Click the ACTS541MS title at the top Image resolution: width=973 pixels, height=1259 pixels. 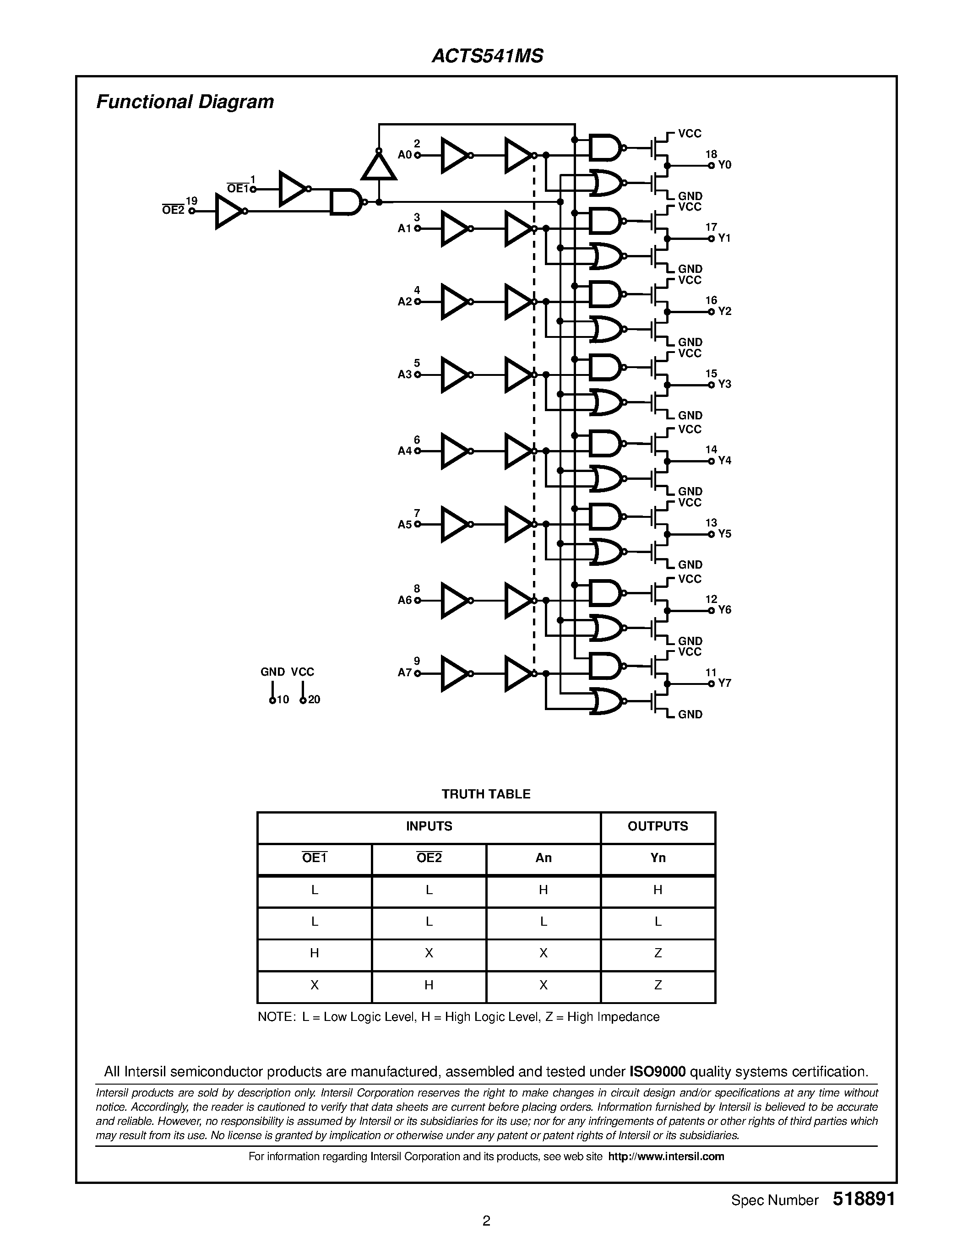pyautogui.click(x=487, y=56)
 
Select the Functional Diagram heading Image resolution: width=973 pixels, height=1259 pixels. pyautogui.click(x=185, y=102)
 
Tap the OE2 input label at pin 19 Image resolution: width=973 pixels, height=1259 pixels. pyautogui.click(x=173, y=211)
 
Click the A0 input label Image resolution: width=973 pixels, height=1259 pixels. pyautogui.click(x=405, y=155)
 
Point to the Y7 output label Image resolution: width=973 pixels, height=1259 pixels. pyautogui.click(x=724, y=683)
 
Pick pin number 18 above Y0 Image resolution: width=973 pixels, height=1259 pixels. pyautogui.click(x=711, y=154)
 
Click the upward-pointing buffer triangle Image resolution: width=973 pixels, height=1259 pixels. pyautogui.click(x=378, y=166)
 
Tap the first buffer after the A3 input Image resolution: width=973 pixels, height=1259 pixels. pyautogui.click(x=455, y=374)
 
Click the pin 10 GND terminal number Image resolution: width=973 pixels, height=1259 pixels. pyautogui.click(x=283, y=700)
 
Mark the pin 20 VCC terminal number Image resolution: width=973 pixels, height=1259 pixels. pyautogui.click(x=314, y=700)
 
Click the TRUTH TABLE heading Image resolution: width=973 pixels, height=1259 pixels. pyautogui.click(x=486, y=794)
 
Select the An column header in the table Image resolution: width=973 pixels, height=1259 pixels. pyautogui.click(x=543, y=858)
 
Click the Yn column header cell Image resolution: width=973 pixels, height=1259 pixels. pyautogui.click(x=658, y=858)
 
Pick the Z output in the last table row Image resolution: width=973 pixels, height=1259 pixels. pyautogui.click(x=658, y=985)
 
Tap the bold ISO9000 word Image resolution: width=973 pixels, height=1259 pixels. pyautogui.click(x=657, y=1072)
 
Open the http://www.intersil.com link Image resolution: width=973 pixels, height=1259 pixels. pyautogui.click(x=666, y=1156)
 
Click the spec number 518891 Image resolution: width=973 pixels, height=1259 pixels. pyautogui.click(x=864, y=1199)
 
